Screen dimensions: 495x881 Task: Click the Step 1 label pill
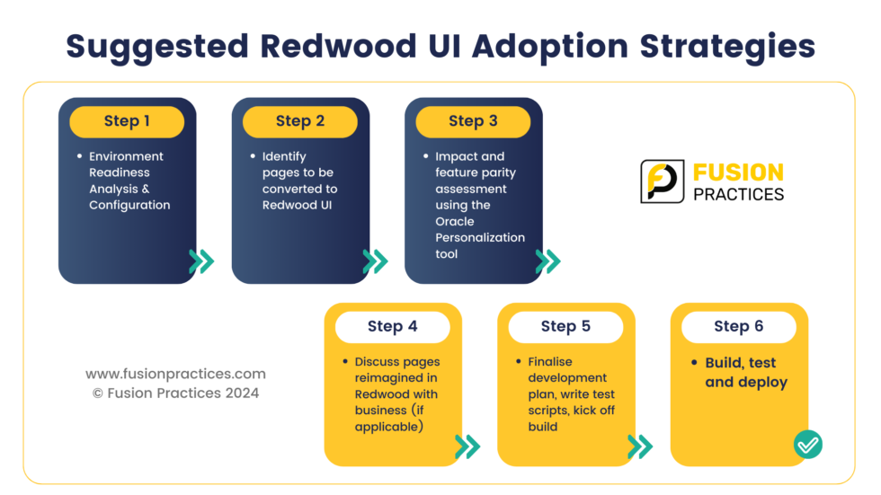[x=127, y=121]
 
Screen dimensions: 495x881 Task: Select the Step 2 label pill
[x=300, y=121]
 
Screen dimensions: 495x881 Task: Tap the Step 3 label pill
[x=473, y=121]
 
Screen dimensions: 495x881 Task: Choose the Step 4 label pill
[x=393, y=327]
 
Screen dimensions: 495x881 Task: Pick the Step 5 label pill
[x=565, y=327]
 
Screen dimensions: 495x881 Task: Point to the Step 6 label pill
[x=738, y=327]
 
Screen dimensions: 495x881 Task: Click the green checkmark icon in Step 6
[x=808, y=444]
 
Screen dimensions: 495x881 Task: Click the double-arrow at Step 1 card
[x=202, y=261]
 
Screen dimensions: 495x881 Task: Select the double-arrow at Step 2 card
[x=376, y=261]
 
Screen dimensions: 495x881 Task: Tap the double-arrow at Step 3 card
[x=548, y=261]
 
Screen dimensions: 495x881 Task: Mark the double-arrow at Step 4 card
[x=468, y=446]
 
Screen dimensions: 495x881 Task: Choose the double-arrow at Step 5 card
[x=640, y=446]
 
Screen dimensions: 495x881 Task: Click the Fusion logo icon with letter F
[x=662, y=181]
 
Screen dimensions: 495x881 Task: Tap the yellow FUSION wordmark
[x=737, y=172]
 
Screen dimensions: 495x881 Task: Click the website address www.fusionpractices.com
[x=175, y=374]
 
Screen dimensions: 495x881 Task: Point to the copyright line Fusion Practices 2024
[x=175, y=393]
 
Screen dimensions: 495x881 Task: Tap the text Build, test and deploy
[x=745, y=373]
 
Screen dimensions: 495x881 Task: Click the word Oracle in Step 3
[x=455, y=221]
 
